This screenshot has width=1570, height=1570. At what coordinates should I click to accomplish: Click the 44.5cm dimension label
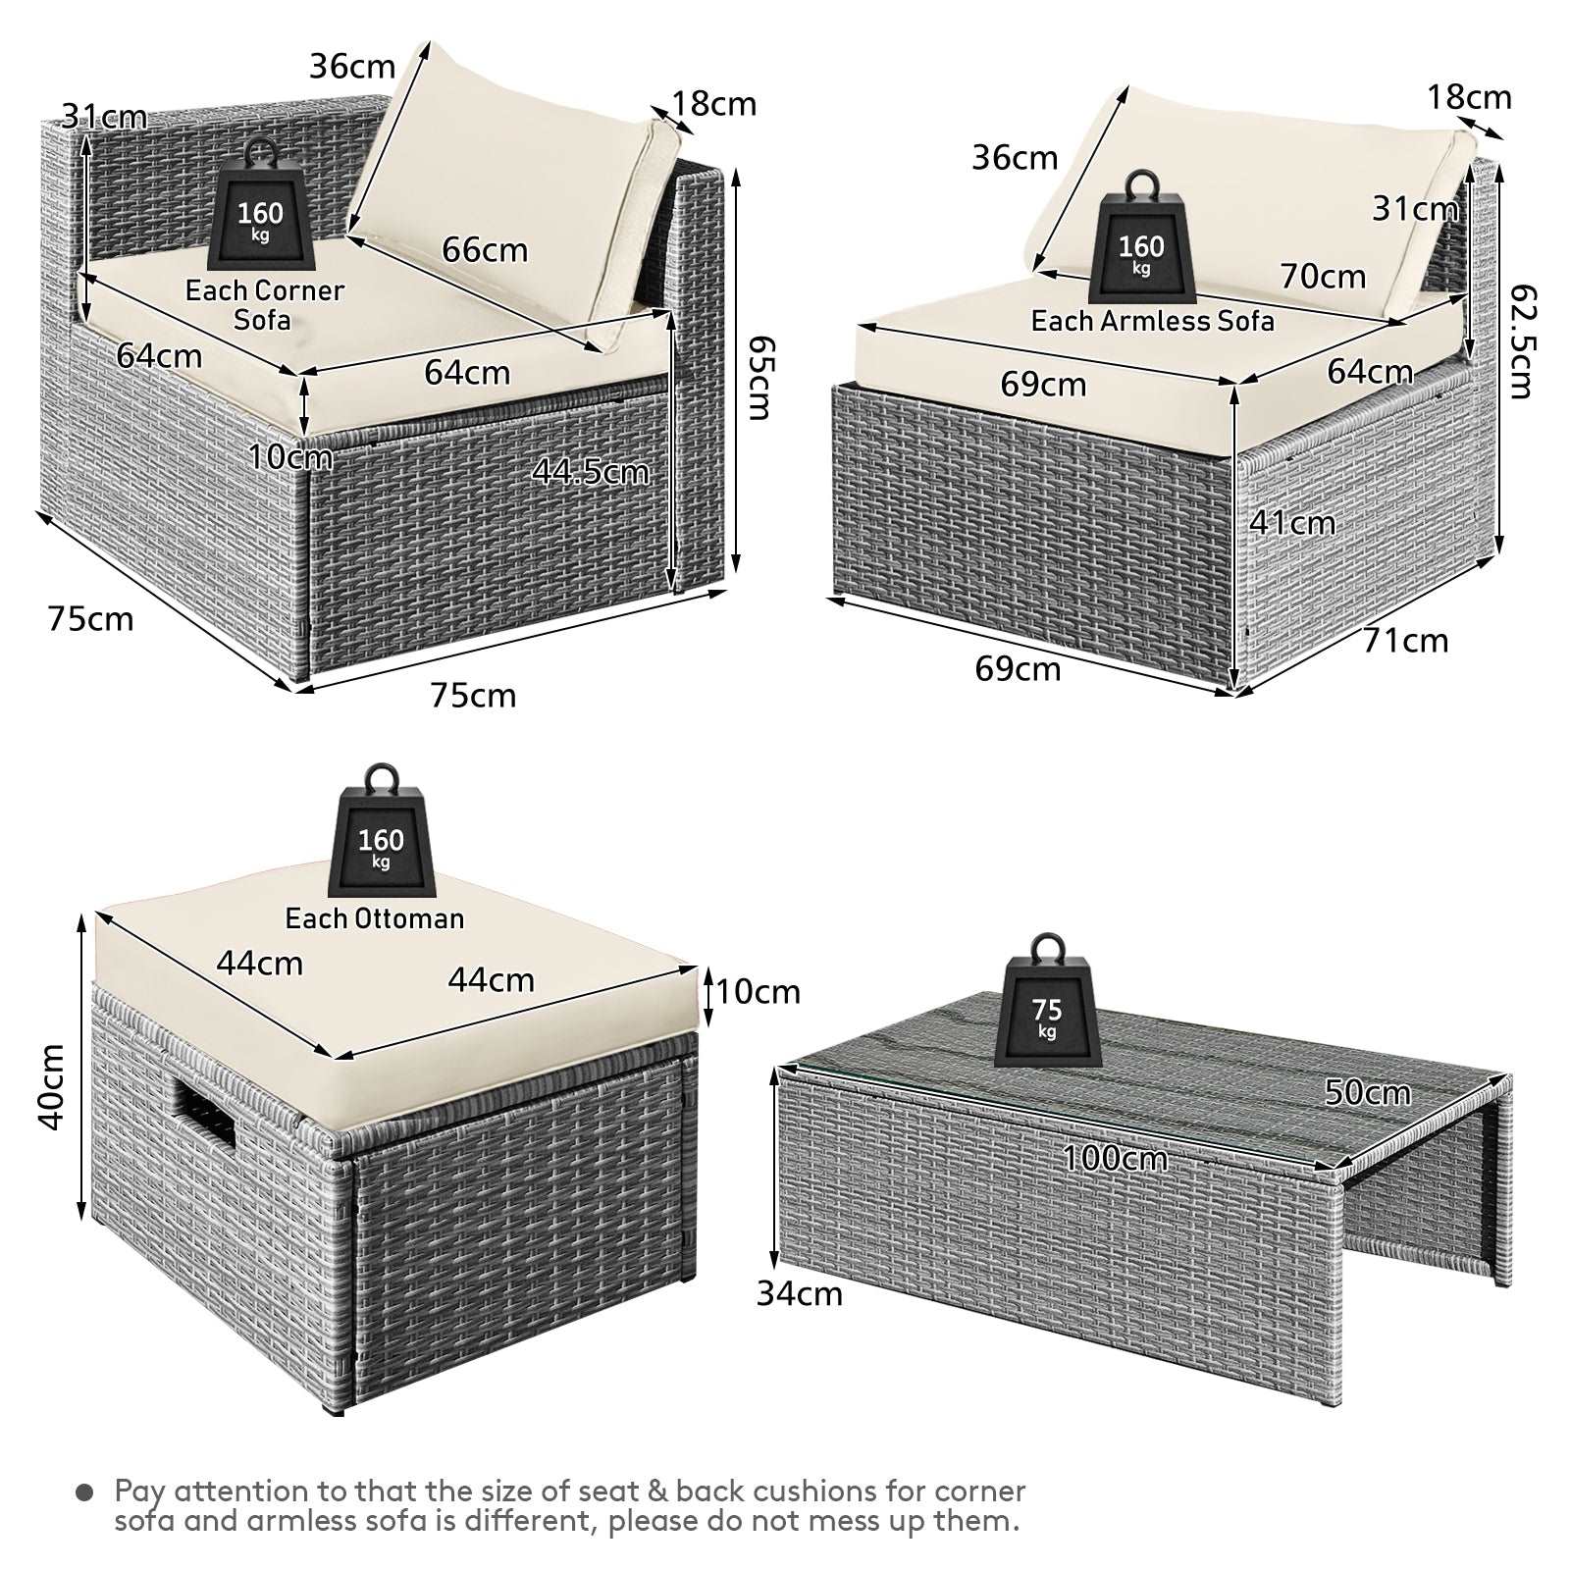591,472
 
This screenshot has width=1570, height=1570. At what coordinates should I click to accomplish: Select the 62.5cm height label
1521,341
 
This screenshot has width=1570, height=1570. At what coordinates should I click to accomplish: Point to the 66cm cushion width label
485,250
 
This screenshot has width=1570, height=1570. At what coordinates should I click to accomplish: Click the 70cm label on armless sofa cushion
1323,277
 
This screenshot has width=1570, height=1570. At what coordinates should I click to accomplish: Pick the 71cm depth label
1405,641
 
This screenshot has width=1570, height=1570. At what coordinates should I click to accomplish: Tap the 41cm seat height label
1292,523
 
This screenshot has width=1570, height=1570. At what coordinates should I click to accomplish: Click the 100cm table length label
1116,1159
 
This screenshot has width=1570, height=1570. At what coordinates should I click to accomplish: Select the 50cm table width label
1368,1092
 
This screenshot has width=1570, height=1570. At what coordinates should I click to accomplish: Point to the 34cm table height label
800,1293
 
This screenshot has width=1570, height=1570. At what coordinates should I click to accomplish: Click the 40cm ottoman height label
52,1086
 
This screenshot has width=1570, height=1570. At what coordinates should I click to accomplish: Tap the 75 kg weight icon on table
1047,1002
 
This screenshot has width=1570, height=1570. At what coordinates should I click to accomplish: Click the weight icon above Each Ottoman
381,832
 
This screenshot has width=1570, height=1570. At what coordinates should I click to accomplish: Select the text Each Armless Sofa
1152,321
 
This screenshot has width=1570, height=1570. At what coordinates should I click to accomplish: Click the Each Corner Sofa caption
264,305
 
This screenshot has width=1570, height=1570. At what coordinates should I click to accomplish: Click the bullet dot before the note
85,1492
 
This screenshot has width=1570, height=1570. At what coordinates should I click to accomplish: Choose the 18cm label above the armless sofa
1469,97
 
